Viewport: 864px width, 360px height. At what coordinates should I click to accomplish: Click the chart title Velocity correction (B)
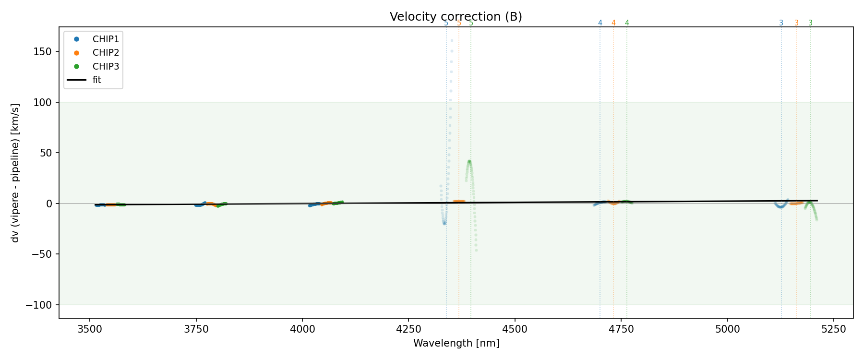456,17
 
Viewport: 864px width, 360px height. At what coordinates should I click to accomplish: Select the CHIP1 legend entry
105,39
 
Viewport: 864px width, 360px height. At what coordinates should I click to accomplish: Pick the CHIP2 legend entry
105,53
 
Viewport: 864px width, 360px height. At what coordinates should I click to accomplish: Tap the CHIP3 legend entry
105,66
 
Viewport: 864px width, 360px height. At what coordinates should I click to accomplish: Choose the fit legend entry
96,80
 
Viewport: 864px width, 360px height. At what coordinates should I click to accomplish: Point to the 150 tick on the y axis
44,52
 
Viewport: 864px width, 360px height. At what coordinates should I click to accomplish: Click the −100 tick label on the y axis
40,305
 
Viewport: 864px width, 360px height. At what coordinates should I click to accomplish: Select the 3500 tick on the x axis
89,329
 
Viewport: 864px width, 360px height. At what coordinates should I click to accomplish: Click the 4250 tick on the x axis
408,329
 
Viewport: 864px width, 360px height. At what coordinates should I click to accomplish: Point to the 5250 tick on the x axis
833,329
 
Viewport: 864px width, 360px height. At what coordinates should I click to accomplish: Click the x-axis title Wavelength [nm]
456,343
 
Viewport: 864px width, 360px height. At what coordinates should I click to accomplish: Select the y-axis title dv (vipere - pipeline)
15,173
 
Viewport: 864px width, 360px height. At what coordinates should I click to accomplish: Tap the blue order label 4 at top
600,23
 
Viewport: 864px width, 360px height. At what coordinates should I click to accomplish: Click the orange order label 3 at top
796,23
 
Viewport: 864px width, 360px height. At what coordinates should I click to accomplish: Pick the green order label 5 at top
471,23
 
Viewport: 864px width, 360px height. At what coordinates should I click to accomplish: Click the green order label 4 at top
627,23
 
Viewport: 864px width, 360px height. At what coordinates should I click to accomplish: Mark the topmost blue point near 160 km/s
452,40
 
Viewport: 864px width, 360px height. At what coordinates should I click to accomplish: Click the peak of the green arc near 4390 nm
469,161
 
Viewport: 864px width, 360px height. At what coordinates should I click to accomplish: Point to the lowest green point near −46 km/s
476,250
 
